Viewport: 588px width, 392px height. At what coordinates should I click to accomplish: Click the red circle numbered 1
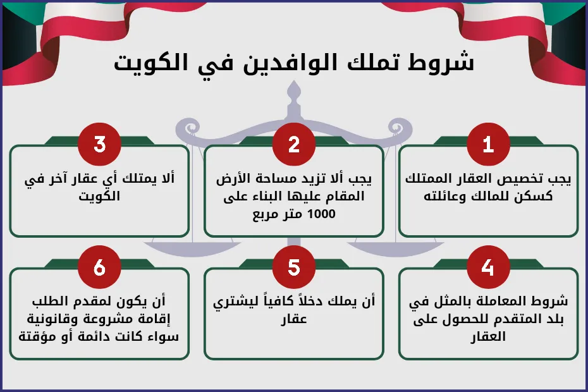[x=488, y=145]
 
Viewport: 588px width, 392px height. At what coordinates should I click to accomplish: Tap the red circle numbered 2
[x=293, y=145]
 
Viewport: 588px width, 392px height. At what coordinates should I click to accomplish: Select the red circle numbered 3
[x=99, y=145]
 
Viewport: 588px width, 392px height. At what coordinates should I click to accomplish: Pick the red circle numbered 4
[x=488, y=267]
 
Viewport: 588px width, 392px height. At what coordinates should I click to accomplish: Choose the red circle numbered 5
[x=293, y=267]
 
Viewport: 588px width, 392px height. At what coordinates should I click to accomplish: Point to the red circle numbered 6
[x=99, y=267]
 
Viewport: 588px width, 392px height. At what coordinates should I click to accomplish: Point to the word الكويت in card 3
[x=99, y=197]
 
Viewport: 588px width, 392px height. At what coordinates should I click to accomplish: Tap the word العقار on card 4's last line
[x=488, y=337]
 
